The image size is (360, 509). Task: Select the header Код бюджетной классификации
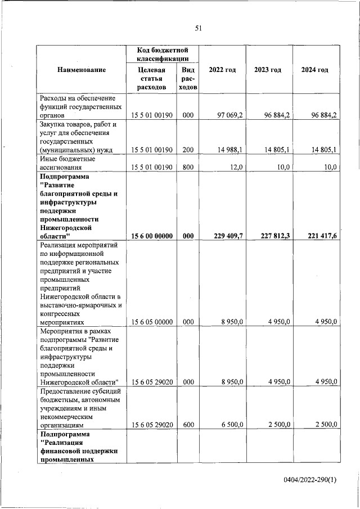tap(163, 54)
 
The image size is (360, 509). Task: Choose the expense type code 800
tap(188, 167)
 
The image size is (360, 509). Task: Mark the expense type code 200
tap(188, 149)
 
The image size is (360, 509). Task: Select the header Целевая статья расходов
tap(151, 78)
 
